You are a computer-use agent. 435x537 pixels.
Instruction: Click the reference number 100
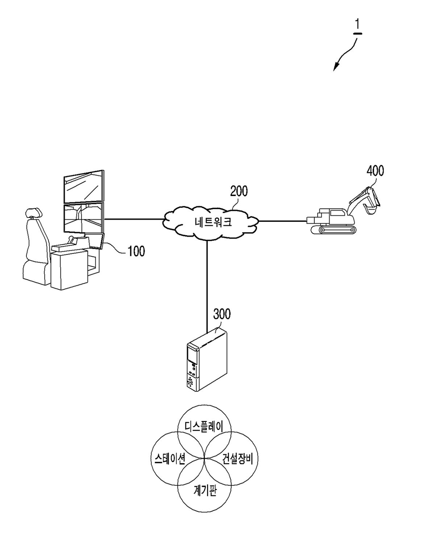136,251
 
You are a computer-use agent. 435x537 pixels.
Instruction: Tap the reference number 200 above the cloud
239,191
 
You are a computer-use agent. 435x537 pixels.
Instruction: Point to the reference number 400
375,171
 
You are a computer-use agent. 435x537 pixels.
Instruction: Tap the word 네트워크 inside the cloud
213,222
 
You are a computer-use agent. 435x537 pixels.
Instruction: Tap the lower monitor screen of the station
83,217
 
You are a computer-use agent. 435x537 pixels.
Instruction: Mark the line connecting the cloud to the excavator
283,221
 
